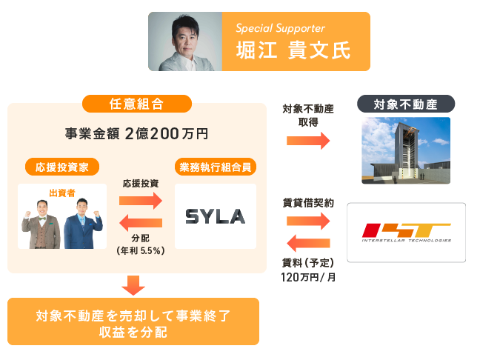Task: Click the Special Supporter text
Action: coord(280,29)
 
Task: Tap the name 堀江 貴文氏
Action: coord(290,50)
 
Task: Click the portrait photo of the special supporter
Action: coord(185,41)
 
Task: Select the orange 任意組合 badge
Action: coord(137,104)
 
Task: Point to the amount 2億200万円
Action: coord(167,134)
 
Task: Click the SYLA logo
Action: coord(215,216)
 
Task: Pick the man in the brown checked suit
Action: coord(44,222)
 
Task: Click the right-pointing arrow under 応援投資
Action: coord(140,200)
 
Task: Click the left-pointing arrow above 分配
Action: coord(140,223)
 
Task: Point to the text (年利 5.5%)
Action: coord(140,250)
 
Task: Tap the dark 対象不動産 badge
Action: coord(406,104)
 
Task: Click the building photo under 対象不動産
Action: coord(406,151)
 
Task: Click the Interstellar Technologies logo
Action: coord(406,232)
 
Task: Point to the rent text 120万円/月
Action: coord(307,277)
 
